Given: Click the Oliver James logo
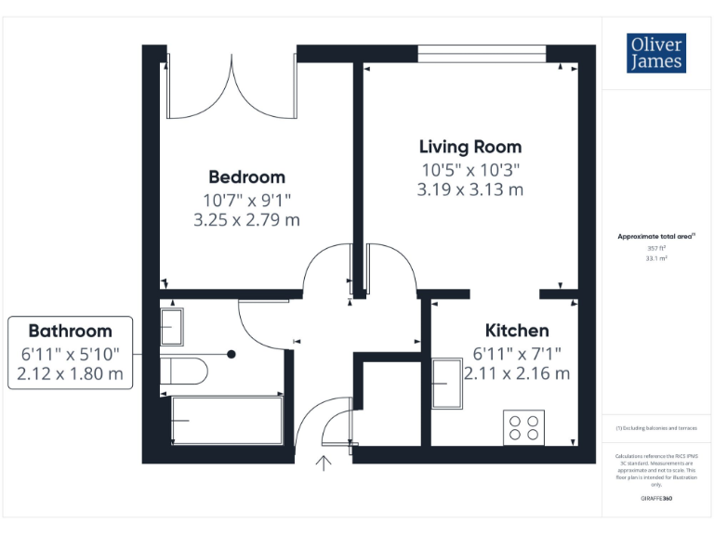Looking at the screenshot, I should point(656,53).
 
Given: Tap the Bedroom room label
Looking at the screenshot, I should point(246,176).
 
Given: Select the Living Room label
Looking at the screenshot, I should point(469,146).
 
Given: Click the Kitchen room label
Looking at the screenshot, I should point(517,330).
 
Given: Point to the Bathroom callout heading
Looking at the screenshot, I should point(70,331).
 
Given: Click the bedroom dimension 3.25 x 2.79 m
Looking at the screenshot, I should point(246,220).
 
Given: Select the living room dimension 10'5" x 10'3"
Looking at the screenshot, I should point(469,169).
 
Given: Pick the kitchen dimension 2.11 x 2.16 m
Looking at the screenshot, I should point(521,373).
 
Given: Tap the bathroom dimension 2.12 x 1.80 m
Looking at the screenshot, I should point(70,374).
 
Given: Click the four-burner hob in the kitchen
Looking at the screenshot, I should point(523,426).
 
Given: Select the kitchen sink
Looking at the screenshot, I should point(448,382).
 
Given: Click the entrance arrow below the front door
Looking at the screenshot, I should point(324,463).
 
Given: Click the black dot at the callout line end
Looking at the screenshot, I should point(232,354).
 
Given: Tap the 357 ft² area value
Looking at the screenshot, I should point(656,248).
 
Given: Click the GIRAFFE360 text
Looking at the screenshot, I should point(656,499).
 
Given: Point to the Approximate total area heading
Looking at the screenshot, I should point(656,237).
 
